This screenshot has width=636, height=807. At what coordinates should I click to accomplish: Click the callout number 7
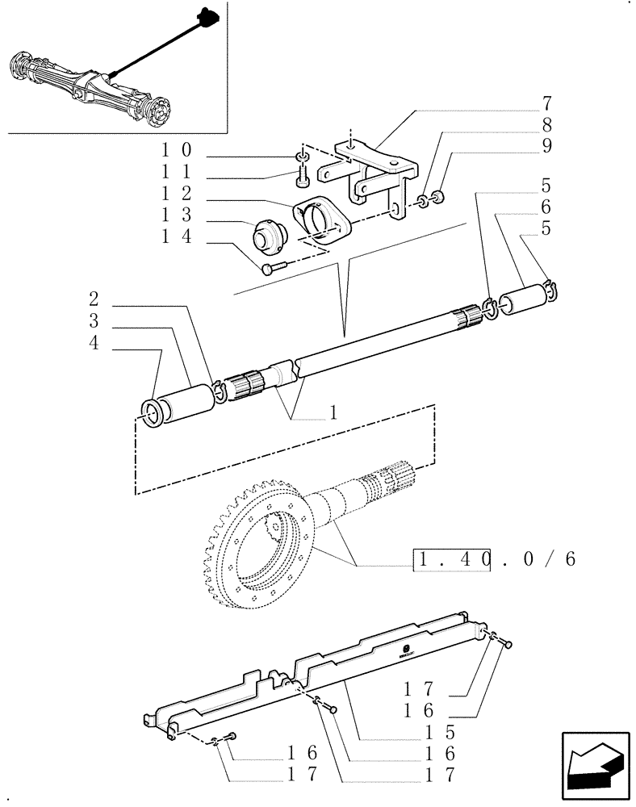click(547, 103)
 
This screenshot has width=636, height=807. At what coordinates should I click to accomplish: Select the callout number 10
click(175, 150)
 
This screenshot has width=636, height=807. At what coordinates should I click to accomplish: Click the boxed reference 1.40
click(452, 558)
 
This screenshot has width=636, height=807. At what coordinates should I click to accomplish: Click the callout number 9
click(547, 146)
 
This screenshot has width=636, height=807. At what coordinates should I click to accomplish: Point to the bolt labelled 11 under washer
click(303, 173)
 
